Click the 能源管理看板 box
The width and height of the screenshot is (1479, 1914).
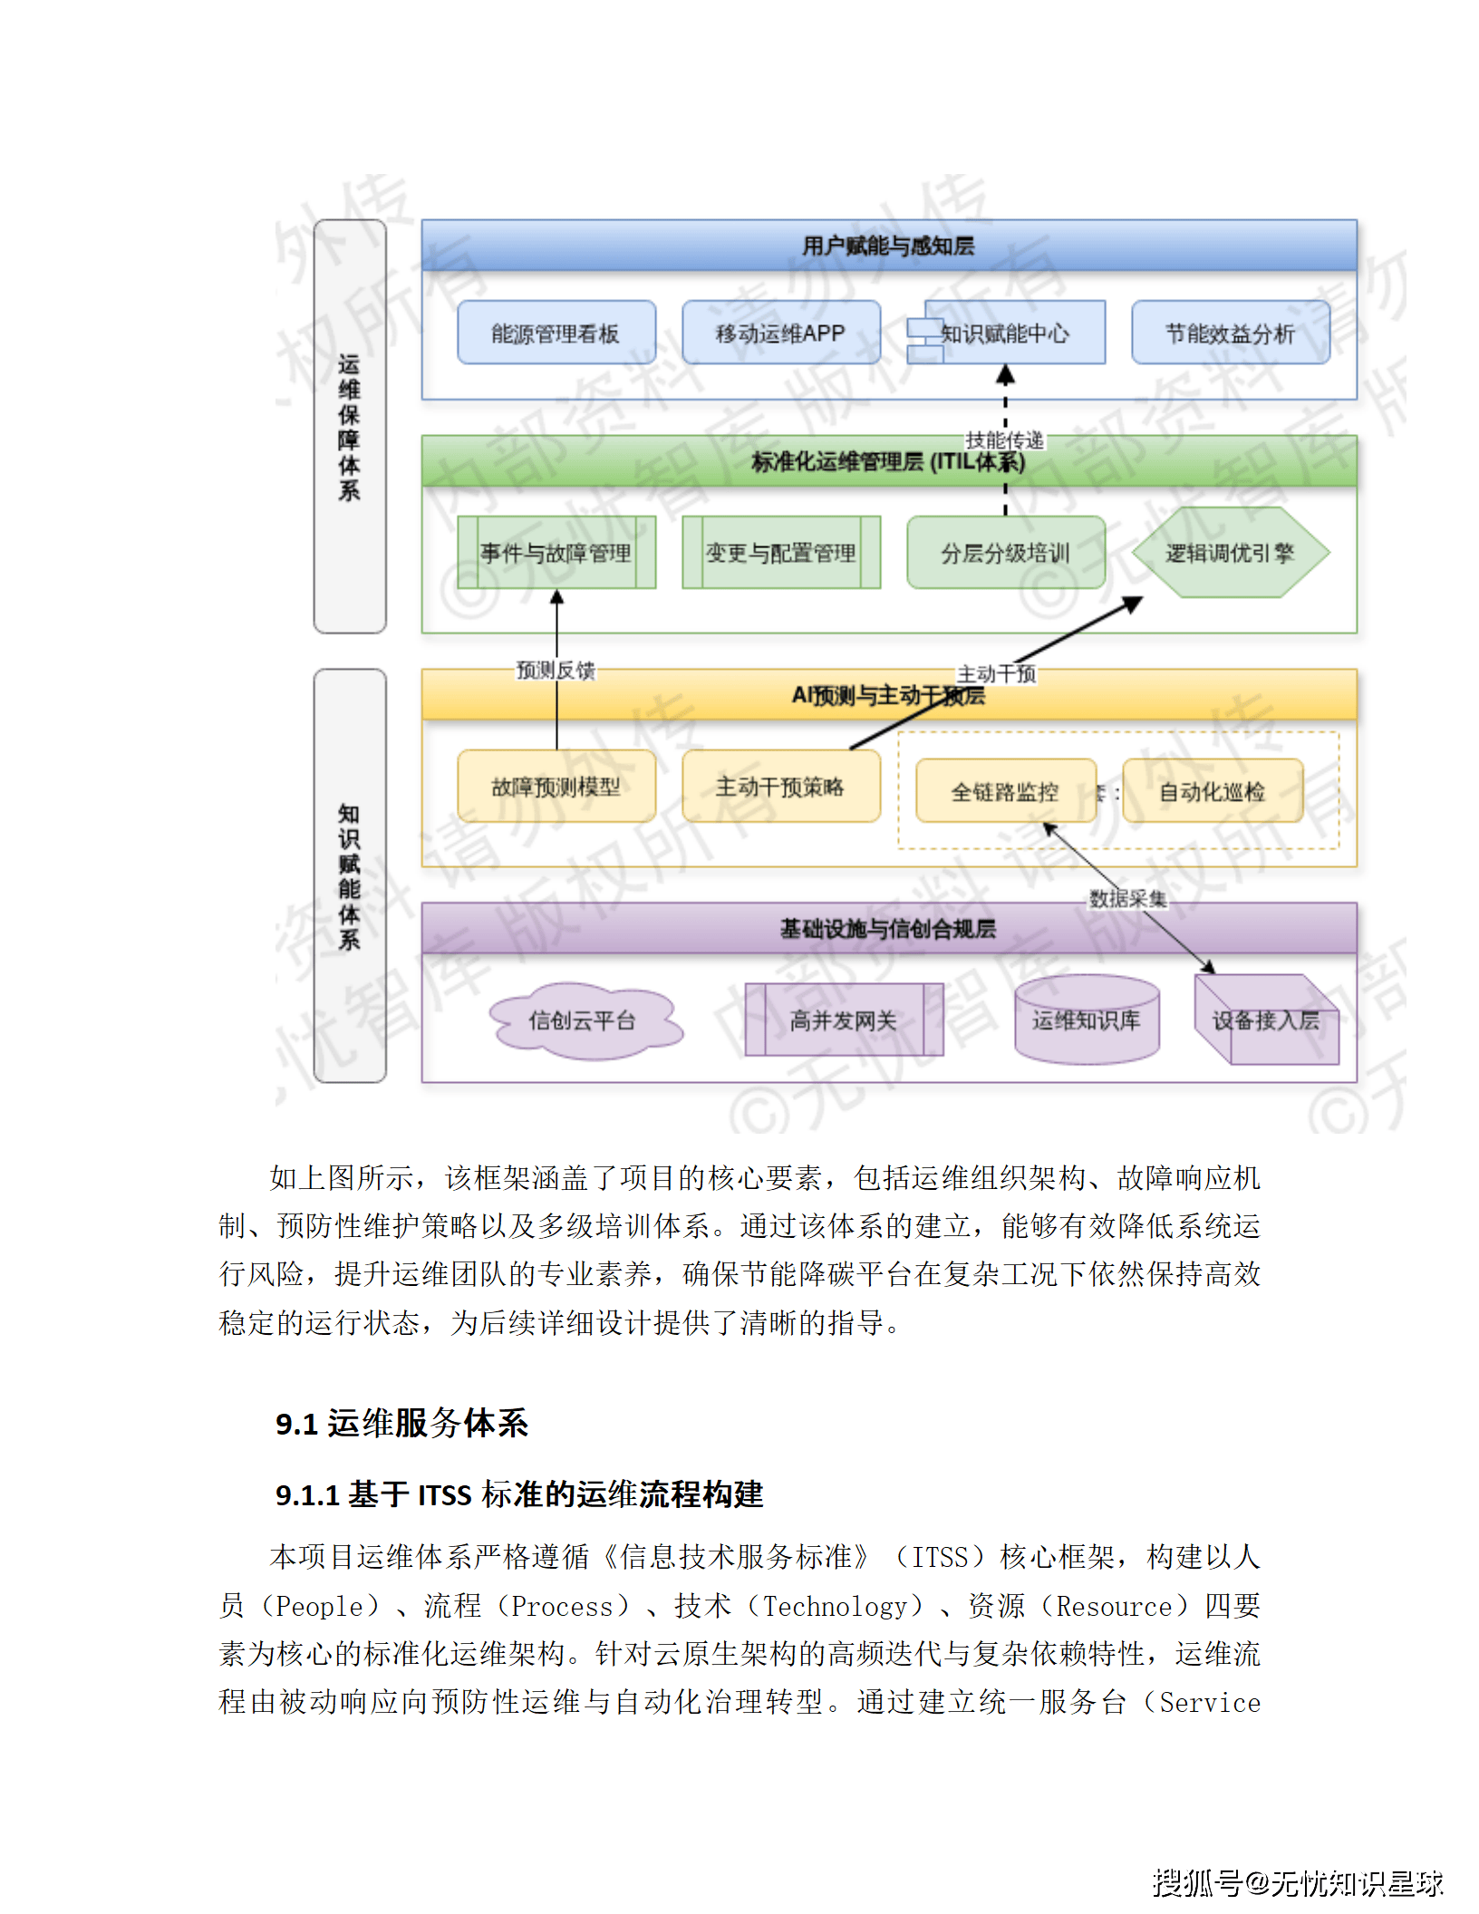click(556, 333)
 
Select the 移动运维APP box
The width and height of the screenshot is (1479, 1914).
click(780, 333)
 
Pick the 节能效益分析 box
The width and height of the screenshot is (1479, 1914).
click(1230, 333)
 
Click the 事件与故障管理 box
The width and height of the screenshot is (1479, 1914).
click(556, 552)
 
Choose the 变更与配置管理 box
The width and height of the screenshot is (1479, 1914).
click(780, 552)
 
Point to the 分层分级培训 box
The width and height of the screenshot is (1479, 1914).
click(1005, 552)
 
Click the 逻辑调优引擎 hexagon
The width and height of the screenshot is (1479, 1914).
click(1230, 552)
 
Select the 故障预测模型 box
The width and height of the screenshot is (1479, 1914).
click(556, 786)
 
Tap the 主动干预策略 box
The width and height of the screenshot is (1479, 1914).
click(780, 786)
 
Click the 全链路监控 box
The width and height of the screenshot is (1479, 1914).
click(1005, 791)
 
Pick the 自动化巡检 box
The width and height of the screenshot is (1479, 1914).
click(1213, 791)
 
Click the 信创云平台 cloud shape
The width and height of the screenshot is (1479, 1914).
click(583, 1020)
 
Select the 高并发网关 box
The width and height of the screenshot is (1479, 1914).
click(844, 1020)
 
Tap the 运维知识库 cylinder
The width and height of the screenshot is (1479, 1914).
click(1086, 1020)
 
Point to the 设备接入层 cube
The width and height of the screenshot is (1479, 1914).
click(1265, 1020)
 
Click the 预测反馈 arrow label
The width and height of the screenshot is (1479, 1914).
click(556, 670)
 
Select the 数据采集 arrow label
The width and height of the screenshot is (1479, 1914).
click(1127, 898)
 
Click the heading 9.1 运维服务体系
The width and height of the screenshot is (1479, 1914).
click(401, 1423)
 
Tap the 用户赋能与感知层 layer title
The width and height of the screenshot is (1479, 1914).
click(888, 246)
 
